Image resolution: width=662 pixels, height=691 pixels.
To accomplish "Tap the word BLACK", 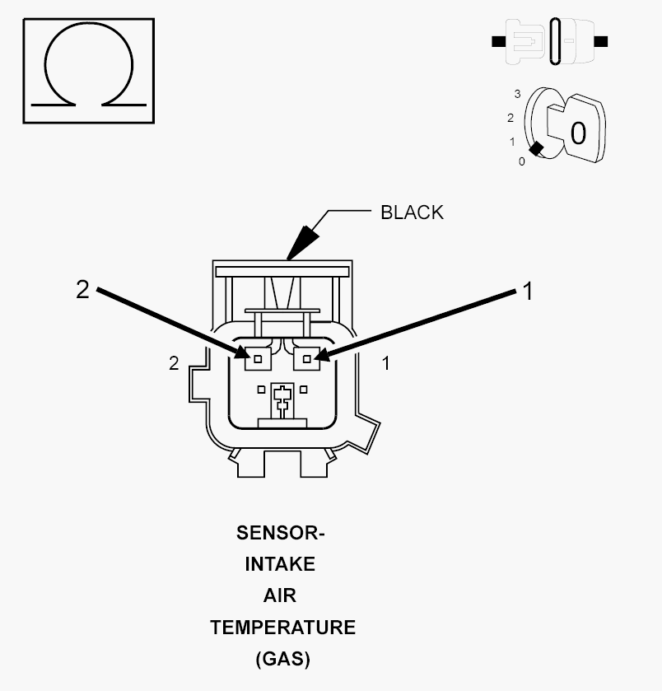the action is pyautogui.click(x=412, y=212).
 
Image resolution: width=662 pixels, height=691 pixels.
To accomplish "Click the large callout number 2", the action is pyautogui.click(x=82, y=290).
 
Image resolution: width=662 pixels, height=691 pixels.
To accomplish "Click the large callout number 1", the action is pyautogui.click(x=528, y=292).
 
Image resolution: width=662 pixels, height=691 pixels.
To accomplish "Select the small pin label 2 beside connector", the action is pyautogui.click(x=174, y=363).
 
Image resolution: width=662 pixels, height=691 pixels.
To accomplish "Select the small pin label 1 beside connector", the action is pyautogui.click(x=386, y=363).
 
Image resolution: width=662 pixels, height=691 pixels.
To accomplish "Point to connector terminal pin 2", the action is pyautogui.click(x=258, y=359).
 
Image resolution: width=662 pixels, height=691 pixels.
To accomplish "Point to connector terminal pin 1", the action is pyautogui.click(x=306, y=359).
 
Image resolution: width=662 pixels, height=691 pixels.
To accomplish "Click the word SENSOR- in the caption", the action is pyautogui.click(x=281, y=533).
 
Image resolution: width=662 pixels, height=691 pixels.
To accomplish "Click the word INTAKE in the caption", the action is pyautogui.click(x=280, y=564).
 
